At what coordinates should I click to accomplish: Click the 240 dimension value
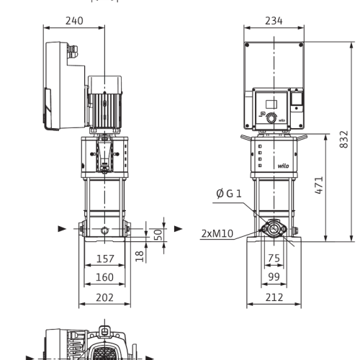74,21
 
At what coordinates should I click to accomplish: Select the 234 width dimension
274,21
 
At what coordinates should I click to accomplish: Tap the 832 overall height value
344,139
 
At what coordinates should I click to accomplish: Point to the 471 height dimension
319,185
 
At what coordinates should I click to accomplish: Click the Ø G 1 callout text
229,194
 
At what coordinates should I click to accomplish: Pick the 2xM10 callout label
217,233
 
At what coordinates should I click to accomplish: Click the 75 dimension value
274,258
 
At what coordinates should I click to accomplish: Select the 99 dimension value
274,276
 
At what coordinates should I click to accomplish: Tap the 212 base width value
274,297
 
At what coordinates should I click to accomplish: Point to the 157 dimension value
105,258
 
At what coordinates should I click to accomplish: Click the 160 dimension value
104,277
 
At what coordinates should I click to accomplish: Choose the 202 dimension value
104,297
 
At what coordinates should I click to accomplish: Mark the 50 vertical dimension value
158,235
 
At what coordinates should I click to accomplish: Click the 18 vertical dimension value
140,256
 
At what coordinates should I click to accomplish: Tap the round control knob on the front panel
271,118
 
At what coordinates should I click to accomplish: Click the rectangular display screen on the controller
271,104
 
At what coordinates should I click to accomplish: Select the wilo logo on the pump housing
283,166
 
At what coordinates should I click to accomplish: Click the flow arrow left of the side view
62,229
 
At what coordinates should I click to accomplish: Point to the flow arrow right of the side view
179,229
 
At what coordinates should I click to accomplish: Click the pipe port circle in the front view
274,229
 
